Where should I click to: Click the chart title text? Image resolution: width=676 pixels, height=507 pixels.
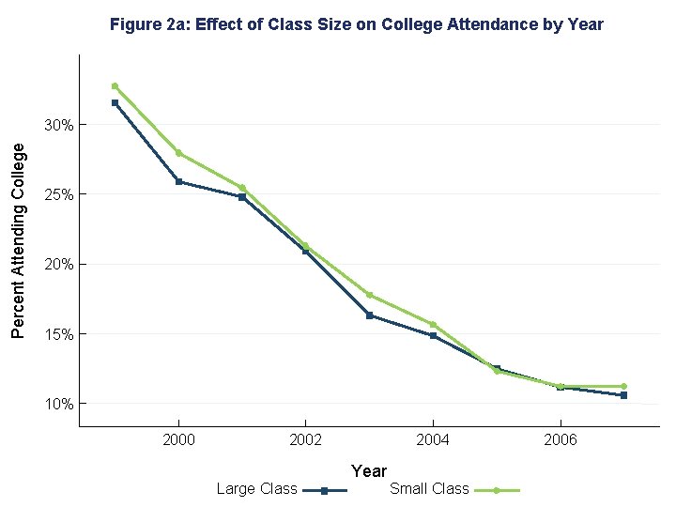357,24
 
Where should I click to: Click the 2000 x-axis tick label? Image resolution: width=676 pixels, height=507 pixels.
178,439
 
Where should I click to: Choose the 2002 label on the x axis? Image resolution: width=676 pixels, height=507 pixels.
305,439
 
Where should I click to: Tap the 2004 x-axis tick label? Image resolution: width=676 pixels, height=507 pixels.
433,439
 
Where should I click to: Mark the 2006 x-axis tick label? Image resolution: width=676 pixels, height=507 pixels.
560,439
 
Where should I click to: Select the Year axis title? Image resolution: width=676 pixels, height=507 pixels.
369,470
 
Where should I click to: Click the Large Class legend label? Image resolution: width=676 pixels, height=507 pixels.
256,488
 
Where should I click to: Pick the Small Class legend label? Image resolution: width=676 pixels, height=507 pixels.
429,488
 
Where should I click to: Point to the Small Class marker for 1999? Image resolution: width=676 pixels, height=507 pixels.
115,85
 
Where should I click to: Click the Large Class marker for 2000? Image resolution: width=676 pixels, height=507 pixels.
178,181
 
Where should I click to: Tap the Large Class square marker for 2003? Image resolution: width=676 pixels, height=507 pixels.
369,315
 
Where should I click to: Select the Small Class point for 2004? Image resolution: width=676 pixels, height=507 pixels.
433,325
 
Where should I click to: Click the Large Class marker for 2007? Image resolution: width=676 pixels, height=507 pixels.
623,395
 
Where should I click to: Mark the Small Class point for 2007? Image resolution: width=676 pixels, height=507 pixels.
623,386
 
